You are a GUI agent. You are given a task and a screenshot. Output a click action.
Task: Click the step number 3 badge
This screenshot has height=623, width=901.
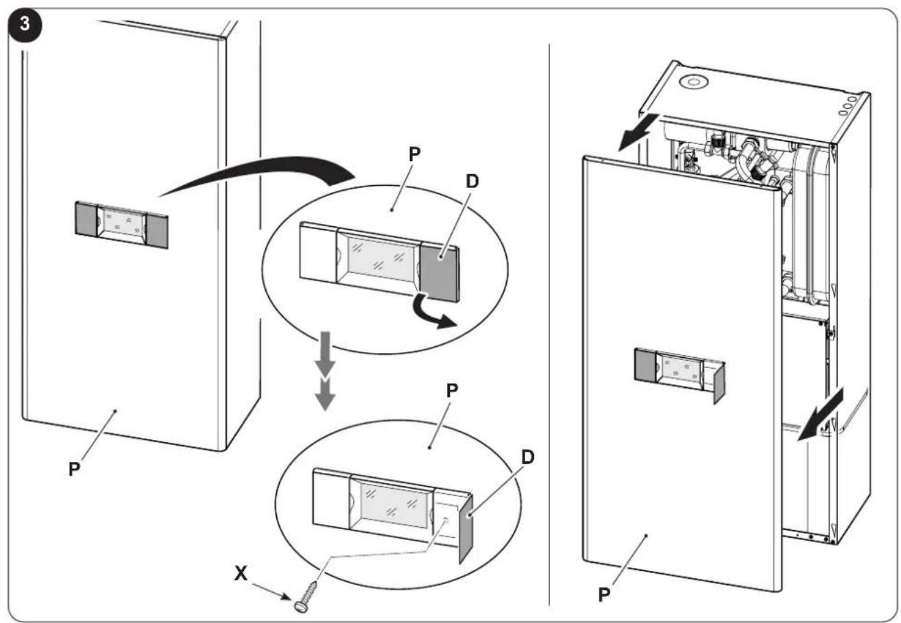pos(25,25)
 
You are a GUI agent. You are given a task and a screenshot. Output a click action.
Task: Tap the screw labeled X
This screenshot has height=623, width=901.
pos(308,596)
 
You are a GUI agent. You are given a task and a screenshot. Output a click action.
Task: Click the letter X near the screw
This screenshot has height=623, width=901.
pos(241,574)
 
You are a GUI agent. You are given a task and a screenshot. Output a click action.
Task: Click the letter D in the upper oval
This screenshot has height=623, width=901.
pos(472,181)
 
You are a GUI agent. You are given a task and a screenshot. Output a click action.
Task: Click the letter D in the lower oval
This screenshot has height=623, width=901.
pos(527,457)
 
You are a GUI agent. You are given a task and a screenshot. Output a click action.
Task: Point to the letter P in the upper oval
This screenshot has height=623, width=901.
pos(414,154)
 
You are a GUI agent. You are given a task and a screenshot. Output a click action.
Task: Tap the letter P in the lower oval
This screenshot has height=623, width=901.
pos(452,390)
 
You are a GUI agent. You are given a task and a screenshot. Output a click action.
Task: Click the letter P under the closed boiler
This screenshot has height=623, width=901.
pos(74,469)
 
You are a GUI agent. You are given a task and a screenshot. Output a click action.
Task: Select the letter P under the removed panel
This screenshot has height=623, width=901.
pos(604,594)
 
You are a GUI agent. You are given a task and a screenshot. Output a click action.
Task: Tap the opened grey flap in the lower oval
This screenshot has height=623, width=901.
pos(466,528)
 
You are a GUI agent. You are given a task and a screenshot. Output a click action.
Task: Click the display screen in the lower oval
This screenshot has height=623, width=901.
pos(394,505)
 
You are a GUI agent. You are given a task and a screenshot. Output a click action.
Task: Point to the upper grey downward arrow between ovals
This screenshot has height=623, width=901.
pos(324,354)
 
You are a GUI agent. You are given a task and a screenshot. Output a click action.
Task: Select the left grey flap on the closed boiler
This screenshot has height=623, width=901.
pos(86,219)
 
